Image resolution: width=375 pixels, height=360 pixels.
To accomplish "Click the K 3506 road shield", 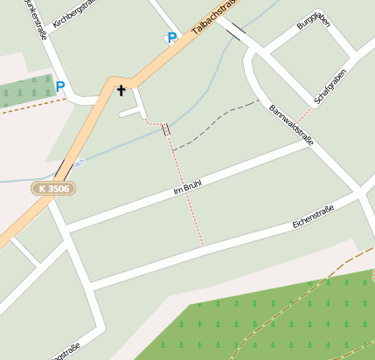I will [53, 188].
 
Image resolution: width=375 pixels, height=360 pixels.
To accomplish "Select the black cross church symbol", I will [121, 90].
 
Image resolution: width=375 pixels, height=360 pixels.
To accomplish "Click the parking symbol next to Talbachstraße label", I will [171, 38].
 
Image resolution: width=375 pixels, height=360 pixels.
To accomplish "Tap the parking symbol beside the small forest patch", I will [59, 87].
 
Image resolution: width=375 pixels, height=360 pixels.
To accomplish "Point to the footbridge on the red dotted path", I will [165, 129].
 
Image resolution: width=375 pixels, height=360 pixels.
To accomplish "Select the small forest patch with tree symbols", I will [26, 90].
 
